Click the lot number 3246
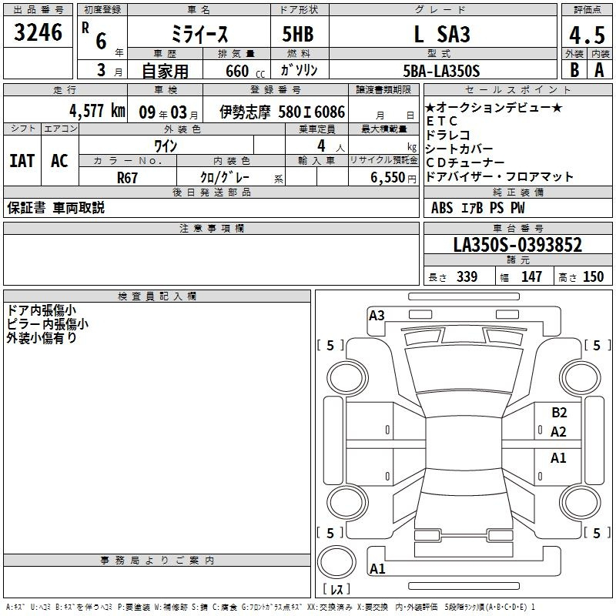click(x=38, y=32)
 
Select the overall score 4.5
click(x=587, y=35)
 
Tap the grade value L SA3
click(x=442, y=34)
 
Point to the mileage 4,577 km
click(x=98, y=111)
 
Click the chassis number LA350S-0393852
click(x=517, y=245)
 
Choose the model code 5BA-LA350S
click(x=441, y=71)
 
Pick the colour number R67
click(x=127, y=178)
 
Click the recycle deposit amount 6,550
click(x=388, y=178)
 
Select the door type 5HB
click(x=298, y=34)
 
